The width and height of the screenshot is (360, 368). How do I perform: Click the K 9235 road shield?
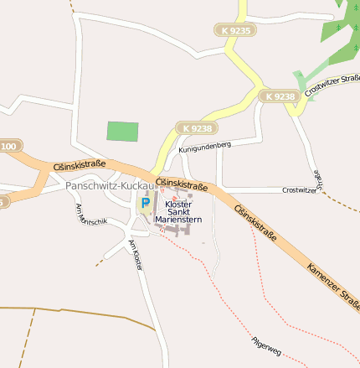[235, 30]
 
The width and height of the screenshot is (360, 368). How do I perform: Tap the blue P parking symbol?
[145, 202]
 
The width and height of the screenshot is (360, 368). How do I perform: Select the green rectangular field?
[123, 132]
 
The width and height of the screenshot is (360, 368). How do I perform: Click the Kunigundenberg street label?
[204, 147]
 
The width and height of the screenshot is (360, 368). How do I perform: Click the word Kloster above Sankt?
[178, 204]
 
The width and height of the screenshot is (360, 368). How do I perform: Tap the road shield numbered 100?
[8, 147]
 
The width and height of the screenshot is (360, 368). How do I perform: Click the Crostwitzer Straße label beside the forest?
[332, 85]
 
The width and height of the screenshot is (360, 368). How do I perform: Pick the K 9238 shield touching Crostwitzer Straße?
[279, 96]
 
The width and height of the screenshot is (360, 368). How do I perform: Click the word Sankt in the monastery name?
[178, 212]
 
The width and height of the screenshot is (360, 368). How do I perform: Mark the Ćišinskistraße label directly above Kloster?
[181, 182]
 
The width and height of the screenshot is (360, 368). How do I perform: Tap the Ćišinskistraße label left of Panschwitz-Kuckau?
[79, 166]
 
